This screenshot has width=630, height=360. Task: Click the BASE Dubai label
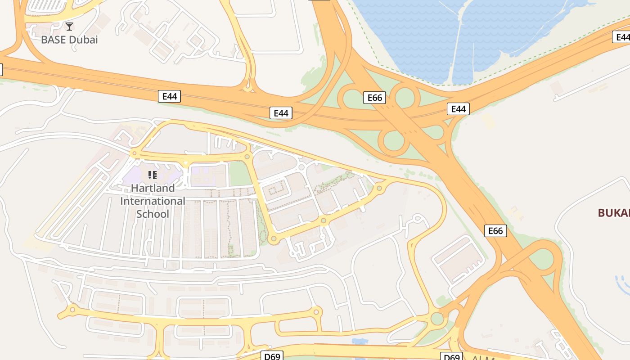pyautogui.click(x=69, y=40)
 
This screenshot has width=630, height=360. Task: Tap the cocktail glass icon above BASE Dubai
pyautogui.click(x=69, y=27)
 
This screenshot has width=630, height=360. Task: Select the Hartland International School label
pyautogui.click(x=153, y=201)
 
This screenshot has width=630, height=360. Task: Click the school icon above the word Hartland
pyautogui.click(x=153, y=175)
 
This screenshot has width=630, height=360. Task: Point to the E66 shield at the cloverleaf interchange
pyautogui.click(x=374, y=98)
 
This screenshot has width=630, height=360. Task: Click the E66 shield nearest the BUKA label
pyautogui.click(x=495, y=231)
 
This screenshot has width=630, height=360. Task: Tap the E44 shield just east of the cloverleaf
pyautogui.click(x=458, y=108)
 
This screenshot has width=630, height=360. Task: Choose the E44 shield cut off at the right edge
pyautogui.click(x=621, y=37)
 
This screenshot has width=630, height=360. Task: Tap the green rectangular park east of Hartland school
pyautogui.click(x=240, y=174)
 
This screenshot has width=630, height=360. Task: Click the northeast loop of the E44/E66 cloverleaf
pyautogui.click(x=404, y=97)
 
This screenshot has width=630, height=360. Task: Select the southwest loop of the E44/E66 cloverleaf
pyautogui.click(x=394, y=141)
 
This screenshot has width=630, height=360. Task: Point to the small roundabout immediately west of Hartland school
pyautogui.click(x=134, y=153)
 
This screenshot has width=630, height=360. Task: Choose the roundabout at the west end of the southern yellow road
pyautogui.click(x=72, y=309)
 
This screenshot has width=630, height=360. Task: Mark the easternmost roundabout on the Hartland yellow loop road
pyautogui.click(x=379, y=188)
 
